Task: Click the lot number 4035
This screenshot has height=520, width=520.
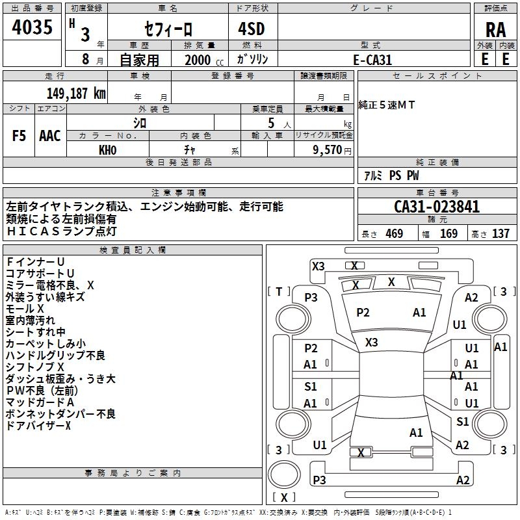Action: click(32, 27)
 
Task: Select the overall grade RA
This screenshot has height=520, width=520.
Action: click(495, 30)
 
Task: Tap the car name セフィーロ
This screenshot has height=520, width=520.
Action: click(168, 29)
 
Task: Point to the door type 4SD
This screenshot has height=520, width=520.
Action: click(252, 29)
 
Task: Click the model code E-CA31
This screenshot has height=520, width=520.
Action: click(372, 60)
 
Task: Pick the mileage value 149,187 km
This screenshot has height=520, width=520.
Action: click(76, 94)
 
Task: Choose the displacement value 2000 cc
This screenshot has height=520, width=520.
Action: click(204, 60)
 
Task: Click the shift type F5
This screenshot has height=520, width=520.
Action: click(19, 136)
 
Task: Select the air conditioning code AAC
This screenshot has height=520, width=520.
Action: click(50, 136)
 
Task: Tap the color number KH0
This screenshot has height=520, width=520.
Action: click(107, 150)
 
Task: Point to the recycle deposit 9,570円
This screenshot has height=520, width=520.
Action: click(332, 150)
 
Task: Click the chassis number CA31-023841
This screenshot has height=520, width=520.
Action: click(437, 207)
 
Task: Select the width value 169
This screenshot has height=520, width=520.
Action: click(448, 234)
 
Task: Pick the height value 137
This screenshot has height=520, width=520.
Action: click(500, 234)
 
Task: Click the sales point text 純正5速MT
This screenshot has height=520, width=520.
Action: click(387, 105)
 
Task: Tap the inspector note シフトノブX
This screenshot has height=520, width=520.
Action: click(35, 367)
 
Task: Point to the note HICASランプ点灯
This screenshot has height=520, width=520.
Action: click(61, 231)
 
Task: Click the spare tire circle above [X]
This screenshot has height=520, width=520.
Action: click(284, 474)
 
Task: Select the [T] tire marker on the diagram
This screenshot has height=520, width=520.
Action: click(279, 292)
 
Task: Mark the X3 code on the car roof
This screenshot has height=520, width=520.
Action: click(371, 343)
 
